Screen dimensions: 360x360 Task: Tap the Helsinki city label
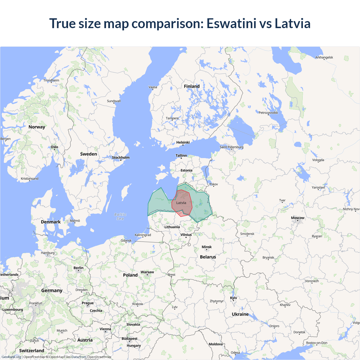[183, 142]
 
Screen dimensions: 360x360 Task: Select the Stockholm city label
[121, 157]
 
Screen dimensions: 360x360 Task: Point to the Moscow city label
[298, 218]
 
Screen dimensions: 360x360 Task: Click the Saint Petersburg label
[231, 147]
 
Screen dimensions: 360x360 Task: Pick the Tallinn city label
[181, 156]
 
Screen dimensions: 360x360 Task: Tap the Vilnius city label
[186, 235]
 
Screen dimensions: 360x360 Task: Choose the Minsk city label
[206, 247]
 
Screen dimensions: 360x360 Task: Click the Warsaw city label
[147, 272]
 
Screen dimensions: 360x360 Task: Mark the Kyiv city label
[233, 298]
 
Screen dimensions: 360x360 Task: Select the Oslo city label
[55, 147]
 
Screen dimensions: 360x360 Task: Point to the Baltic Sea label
[120, 216]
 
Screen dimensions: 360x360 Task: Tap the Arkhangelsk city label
[324, 57]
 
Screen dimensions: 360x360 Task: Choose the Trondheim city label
[51, 80]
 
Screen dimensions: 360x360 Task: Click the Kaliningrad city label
[143, 235]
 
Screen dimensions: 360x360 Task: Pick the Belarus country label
[208, 257]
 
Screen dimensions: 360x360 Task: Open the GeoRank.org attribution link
[11, 357]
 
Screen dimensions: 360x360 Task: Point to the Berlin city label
[78, 268]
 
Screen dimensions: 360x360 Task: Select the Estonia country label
[186, 170]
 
